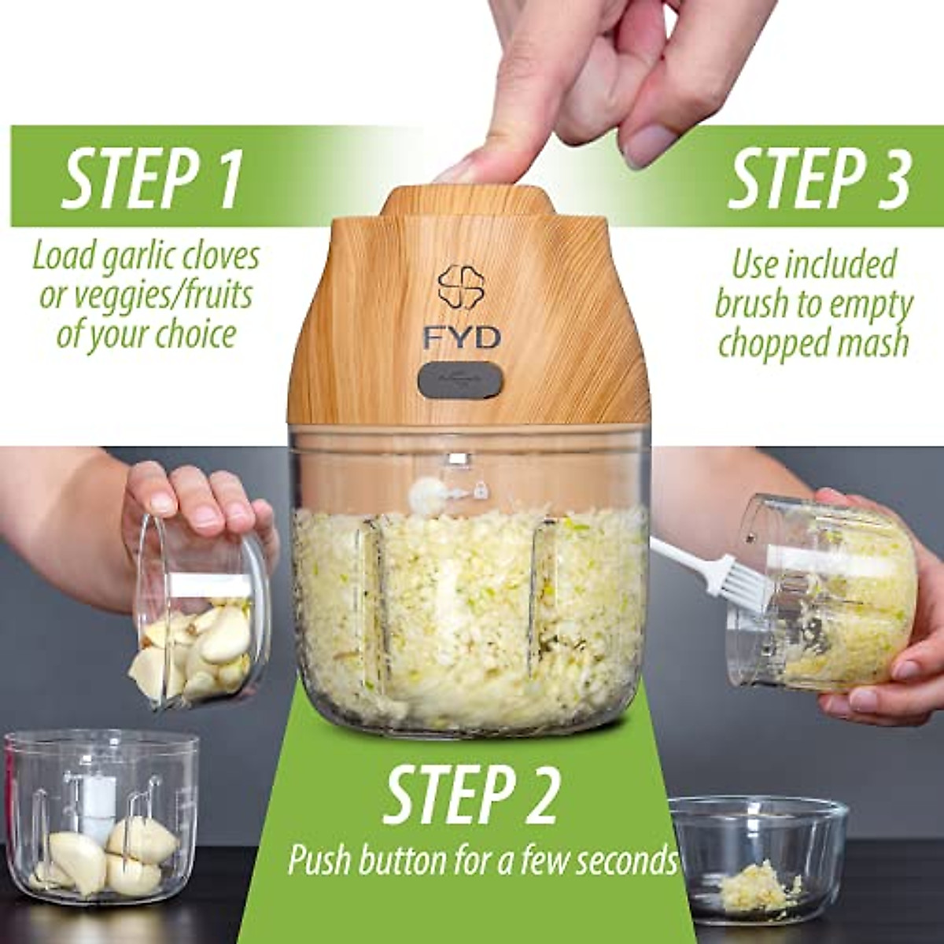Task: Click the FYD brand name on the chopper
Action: (x=461, y=338)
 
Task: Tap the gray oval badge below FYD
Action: (x=461, y=380)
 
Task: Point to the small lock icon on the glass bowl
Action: (x=480, y=490)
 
